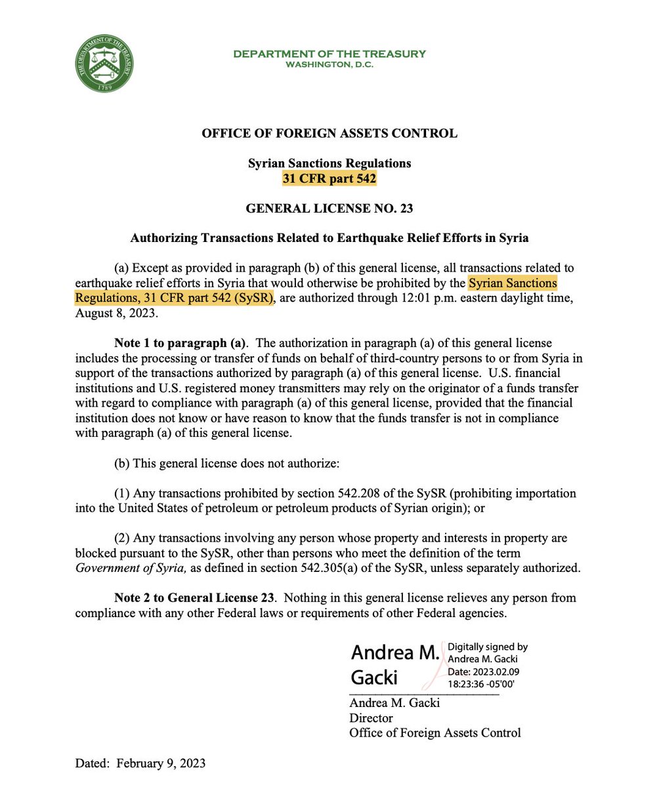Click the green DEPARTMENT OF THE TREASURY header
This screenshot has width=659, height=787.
click(x=329, y=54)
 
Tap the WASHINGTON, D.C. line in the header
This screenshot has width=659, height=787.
click(x=329, y=64)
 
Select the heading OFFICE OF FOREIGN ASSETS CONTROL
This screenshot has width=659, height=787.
click(x=329, y=133)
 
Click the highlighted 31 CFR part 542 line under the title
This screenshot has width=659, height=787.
click(x=329, y=177)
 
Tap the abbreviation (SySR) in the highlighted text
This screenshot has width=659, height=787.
click(x=251, y=298)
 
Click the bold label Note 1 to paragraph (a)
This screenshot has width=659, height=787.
click(x=180, y=343)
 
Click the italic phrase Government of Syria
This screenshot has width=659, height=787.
click(x=131, y=568)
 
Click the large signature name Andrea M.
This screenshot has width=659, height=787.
click(x=394, y=652)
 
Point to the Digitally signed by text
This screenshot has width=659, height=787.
click(x=487, y=647)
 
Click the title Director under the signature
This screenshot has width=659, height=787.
click(x=370, y=717)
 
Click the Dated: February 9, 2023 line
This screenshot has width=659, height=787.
click(x=140, y=763)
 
